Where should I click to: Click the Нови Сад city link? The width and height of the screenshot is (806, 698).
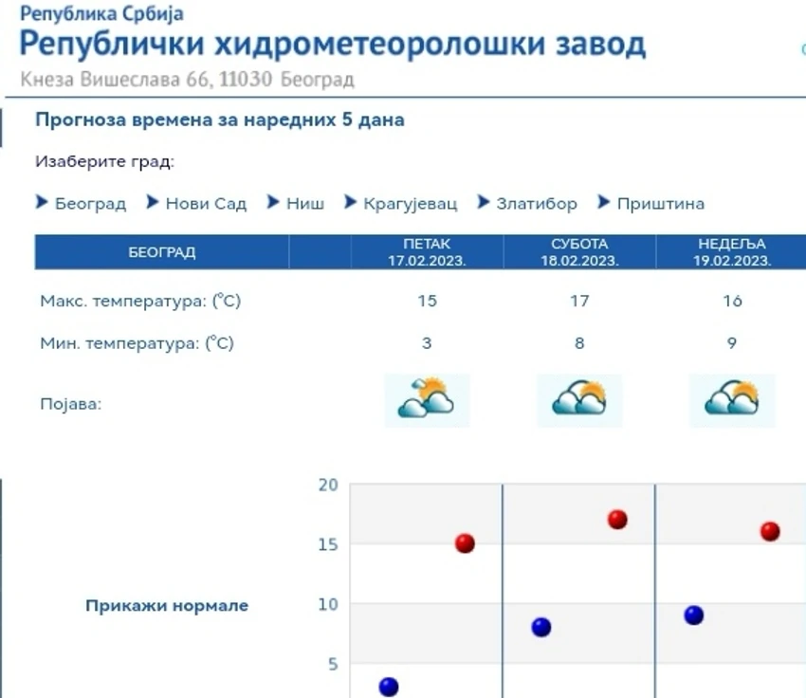[206, 204]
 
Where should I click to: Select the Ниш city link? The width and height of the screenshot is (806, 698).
[305, 204]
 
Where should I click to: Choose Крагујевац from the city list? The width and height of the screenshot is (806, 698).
[411, 204]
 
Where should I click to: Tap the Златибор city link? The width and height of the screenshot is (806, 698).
[537, 204]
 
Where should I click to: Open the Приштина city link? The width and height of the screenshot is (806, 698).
[661, 204]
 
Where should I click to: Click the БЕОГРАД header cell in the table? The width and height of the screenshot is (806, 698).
[162, 252]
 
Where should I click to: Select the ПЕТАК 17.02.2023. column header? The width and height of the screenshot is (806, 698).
[427, 252]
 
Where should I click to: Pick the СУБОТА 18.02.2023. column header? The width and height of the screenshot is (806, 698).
[579, 252]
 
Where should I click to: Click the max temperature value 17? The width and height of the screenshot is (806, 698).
[579, 301]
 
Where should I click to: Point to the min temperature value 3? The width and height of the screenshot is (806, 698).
[427, 342]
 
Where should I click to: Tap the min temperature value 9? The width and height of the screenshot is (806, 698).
[732, 342]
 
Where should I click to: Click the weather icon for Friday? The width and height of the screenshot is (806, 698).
[427, 400]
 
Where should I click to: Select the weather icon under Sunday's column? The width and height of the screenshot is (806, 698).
[732, 400]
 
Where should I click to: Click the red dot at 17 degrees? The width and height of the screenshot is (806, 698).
[617, 520]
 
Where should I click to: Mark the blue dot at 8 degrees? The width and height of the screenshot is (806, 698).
[541, 627]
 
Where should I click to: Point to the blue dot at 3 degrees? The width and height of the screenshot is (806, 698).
[389, 687]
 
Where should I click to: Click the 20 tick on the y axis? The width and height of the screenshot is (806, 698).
[328, 485]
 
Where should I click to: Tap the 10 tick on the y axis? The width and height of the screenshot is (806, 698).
[328, 604]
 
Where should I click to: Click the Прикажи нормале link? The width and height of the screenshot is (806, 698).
[167, 605]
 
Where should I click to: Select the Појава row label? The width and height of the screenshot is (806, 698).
[71, 404]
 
